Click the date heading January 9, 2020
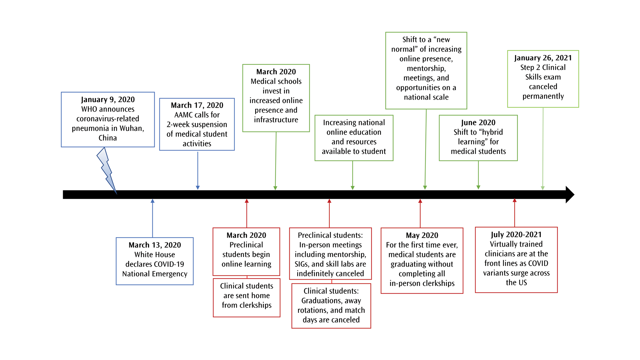pos(108,99)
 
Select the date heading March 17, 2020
pos(197,105)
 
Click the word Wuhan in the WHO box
pos(131,128)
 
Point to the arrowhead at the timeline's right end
pos(570,195)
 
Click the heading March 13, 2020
pos(155,245)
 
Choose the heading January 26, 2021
pos(543,58)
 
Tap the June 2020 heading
pos(478,123)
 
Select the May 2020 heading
pos(422,235)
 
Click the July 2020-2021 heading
pos(516,235)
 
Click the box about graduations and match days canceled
pos(331,306)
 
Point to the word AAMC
pos(183,115)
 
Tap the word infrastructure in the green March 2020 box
pos(276,120)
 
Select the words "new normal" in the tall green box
pos(426,44)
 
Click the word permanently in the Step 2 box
pos(543,96)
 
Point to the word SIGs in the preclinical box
pos(302,264)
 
